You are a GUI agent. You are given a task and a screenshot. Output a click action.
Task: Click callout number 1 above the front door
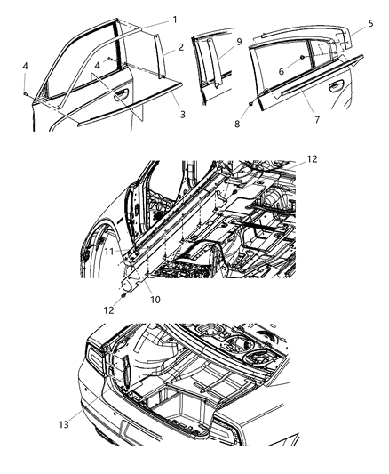tap(174, 19)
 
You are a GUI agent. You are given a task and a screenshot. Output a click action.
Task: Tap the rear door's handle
tap(337, 89)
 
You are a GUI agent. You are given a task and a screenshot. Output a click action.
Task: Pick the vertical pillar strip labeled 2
tap(161, 56)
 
